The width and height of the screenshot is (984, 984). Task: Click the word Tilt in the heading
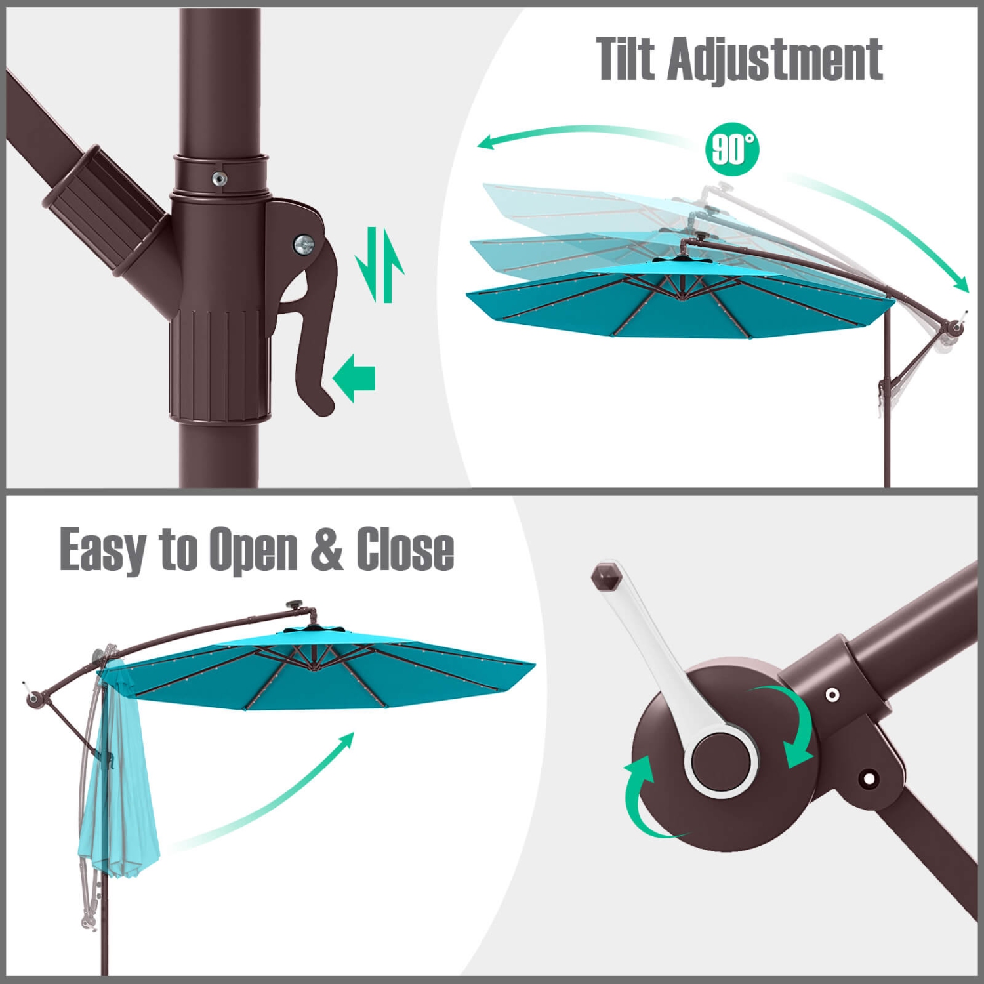626,60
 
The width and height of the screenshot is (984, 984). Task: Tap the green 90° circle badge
732,150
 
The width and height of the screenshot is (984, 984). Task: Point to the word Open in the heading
253,550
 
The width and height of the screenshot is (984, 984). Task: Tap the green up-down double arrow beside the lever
380,265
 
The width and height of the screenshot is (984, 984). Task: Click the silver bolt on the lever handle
304,245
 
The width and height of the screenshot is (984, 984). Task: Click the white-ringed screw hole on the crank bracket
832,695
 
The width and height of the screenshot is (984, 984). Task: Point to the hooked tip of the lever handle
321,403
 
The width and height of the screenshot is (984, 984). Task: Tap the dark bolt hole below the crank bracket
869,779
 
